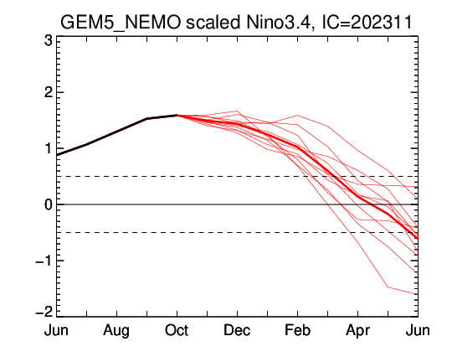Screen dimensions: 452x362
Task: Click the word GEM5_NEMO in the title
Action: pyautogui.click(x=121, y=23)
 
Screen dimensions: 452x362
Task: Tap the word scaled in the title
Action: pyautogui.click(x=213, y=23)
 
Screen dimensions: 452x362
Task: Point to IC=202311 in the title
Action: pyautogui.click(x=367, y=23)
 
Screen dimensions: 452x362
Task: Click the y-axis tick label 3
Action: pyautogui.click(x=49, y=41)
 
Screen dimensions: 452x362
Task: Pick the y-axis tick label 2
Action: pyautogui.click(x=49, y=92)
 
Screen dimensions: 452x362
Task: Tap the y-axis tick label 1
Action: pyautogui.click(x=49, y=148)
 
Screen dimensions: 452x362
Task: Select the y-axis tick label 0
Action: pyautogui.click(x=49, y=204)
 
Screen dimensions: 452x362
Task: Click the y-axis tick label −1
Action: pyautogui.click(x=44, y=261)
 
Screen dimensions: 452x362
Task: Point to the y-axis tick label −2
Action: pyautogui.click(x=44, y=312)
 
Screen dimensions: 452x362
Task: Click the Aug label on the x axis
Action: pyautogui.click(x=116, y=331)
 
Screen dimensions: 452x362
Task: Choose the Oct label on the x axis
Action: pyautogui.click(x=177, y=330)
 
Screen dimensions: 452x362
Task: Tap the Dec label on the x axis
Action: pyautogui.click(x=237, y=330)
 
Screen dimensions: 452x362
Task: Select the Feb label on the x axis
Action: pyautogui.click(x=297, y=330)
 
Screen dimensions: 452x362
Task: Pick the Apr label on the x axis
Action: pyautogui.click(x=357, y=331)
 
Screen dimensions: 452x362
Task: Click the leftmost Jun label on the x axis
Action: pyautogui.click(x=56, y=330)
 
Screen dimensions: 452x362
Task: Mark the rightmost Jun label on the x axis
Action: pyautogui.click(x=418, y=330)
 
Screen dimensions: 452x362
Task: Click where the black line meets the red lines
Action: pyautogui.click(x=177, y=115)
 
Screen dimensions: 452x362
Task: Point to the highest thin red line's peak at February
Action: pyautogui.click(x=297, y=116)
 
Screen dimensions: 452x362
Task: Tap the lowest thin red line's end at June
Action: pyautogui.click(x=418, y=294)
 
